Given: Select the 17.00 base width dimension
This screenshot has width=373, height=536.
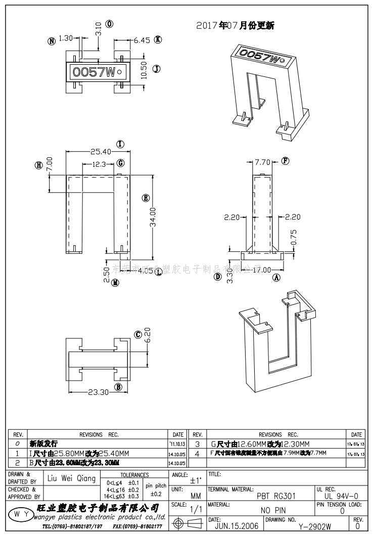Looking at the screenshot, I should pos(262,270).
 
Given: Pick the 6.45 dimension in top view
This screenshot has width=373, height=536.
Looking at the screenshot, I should pos(142,40).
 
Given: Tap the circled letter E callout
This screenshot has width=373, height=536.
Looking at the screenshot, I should pos(146,198).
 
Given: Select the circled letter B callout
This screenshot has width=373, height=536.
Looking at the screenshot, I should pos(119,387).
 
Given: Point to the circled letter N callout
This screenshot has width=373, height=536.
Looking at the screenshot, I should pos(51,41).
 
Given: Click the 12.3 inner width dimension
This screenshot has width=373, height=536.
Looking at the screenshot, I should pos(99,163).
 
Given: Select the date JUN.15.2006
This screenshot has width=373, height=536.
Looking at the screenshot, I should pos(237,526).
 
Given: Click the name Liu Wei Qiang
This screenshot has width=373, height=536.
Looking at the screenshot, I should pos(71,478).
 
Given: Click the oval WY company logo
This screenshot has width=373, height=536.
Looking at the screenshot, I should pos(20,514).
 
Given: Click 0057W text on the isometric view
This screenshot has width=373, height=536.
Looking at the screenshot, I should pos(259,56).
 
